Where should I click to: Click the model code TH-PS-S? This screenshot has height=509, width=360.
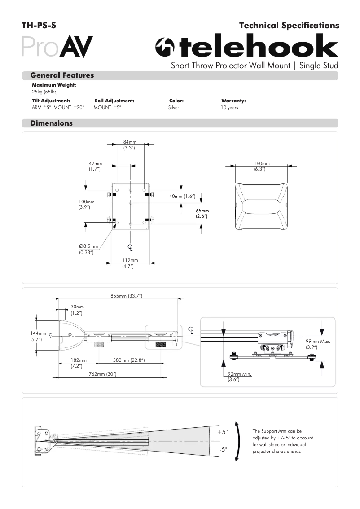point(39,26)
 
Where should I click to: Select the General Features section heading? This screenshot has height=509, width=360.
point(62,75)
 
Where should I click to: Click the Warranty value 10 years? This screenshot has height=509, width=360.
point(229,108)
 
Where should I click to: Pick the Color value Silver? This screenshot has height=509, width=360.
point(174,108)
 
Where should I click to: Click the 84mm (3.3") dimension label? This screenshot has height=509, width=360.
point(130,145)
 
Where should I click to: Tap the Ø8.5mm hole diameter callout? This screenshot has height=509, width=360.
point(88,249)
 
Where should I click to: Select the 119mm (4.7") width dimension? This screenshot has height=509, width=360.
point(130,263)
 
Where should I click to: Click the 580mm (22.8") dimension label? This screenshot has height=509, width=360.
point(128,360)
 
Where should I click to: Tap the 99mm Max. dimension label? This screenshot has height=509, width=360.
point(318,344)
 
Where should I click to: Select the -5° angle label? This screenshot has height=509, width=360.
point(223,449)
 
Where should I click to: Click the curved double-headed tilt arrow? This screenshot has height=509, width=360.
point(237,441)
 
